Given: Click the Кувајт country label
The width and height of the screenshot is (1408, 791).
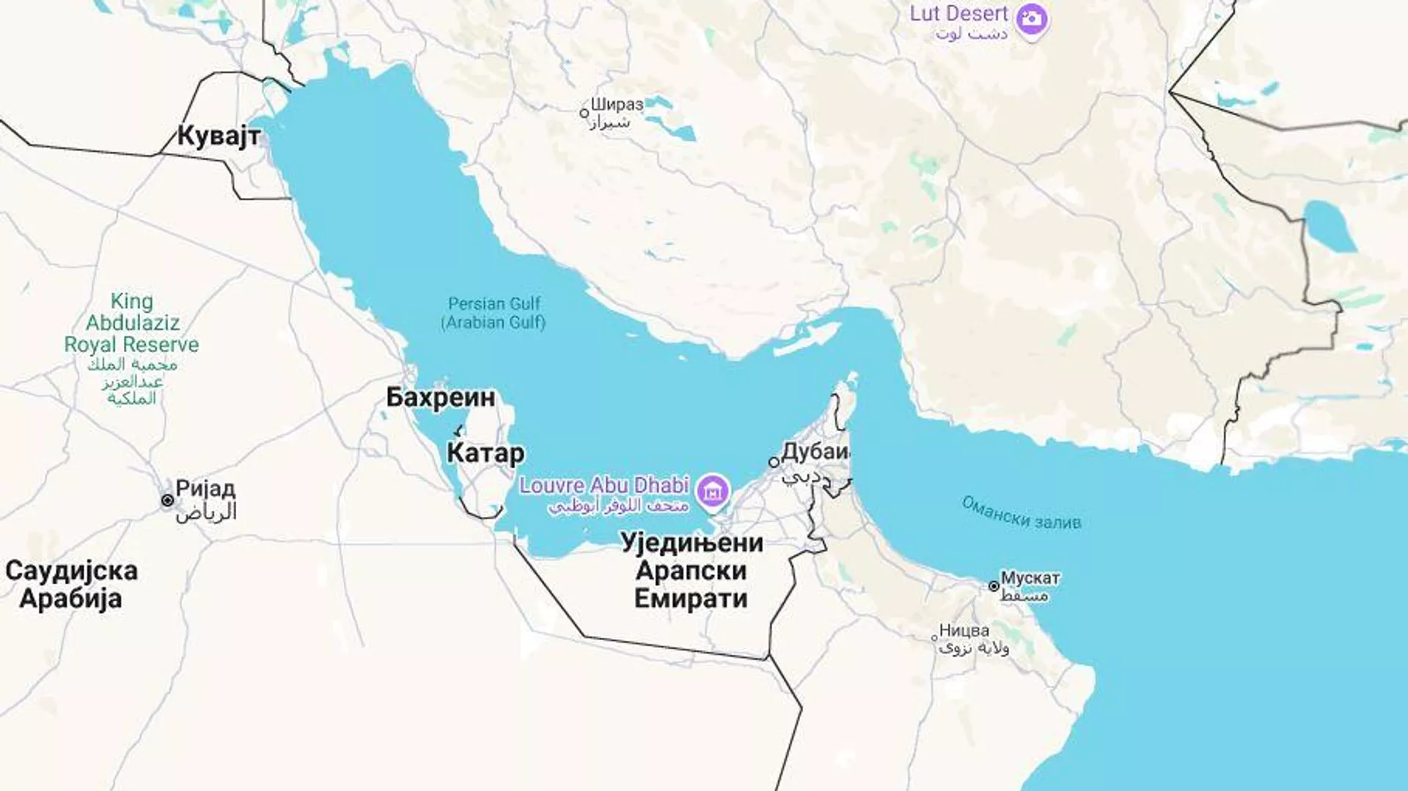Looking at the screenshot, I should [219, 136].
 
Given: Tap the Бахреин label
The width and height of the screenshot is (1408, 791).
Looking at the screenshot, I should [440, 397].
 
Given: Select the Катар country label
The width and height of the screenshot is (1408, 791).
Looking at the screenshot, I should [485, 453].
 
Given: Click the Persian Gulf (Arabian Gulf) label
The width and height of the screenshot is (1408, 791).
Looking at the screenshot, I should [494, 313].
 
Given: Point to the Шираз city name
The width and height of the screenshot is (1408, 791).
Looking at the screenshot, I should [617, 104].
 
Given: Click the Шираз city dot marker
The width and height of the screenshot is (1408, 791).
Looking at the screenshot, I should [584, 113].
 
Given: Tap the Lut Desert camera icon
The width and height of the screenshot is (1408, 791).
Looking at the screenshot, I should [1032, 19].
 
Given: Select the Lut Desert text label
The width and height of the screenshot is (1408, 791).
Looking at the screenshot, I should [958, 14].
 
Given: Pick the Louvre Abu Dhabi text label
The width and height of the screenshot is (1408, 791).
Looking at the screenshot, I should [604, 485].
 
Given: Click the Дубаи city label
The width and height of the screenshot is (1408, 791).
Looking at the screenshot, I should [815, 452].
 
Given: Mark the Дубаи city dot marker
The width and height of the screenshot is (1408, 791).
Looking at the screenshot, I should [773, 462].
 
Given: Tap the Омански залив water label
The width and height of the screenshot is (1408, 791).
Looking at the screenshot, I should [1021, 512].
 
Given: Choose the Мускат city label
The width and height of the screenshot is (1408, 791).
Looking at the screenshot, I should [1030, 578].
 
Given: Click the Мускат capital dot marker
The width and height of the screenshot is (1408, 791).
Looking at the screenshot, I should [994, 586].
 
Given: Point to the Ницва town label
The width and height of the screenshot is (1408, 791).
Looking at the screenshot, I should [964, 630].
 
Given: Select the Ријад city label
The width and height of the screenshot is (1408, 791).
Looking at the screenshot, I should [205, 488].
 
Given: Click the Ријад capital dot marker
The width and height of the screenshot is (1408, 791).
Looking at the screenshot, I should [167, 500].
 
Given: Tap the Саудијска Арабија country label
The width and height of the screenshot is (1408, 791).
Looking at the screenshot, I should [71, 584].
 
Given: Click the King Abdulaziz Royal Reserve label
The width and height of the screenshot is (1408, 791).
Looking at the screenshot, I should [131, 323].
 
